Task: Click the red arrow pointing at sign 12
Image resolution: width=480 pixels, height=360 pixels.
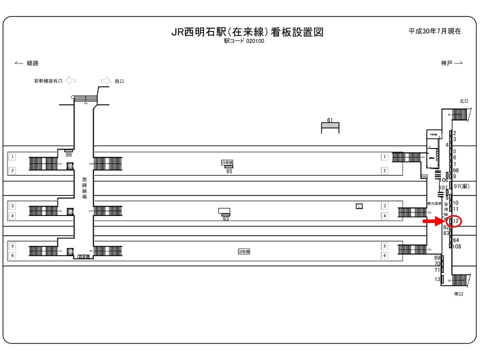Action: (x=433, y=220)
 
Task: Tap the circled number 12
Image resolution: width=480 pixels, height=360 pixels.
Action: (x=455, y=220)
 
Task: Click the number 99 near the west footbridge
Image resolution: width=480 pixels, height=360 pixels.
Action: (x=69, y=155)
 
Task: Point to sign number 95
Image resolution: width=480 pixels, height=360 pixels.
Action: (x=229, y=171)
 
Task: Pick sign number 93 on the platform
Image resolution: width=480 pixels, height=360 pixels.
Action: (x=225, y=219)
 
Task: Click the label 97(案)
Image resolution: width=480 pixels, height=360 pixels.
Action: (x=461, y=186)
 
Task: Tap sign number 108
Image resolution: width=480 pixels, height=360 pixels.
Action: (x=456, y=246)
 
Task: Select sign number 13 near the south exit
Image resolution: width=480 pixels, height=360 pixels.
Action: (x=437, y=279)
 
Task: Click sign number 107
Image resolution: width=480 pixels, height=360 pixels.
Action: (x=442, y=188)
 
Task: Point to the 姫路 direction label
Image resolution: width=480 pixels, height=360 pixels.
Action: (x=32, y=63)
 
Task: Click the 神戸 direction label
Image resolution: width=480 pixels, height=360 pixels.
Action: (x=446, y=63)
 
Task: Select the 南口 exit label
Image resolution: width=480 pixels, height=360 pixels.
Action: (x=459, y=294)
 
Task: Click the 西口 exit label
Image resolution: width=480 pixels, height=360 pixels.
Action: (x=119, y=81)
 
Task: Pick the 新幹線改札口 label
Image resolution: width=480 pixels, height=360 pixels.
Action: (x=48, y=81)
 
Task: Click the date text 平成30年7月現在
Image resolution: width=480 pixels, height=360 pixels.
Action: (x=434, y=31)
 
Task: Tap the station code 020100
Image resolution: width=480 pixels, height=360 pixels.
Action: (x=254, y=41)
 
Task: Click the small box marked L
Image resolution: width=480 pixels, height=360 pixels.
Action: (x=359, y=206)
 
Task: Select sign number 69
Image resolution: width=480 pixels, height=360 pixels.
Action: (x=437, y=257)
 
